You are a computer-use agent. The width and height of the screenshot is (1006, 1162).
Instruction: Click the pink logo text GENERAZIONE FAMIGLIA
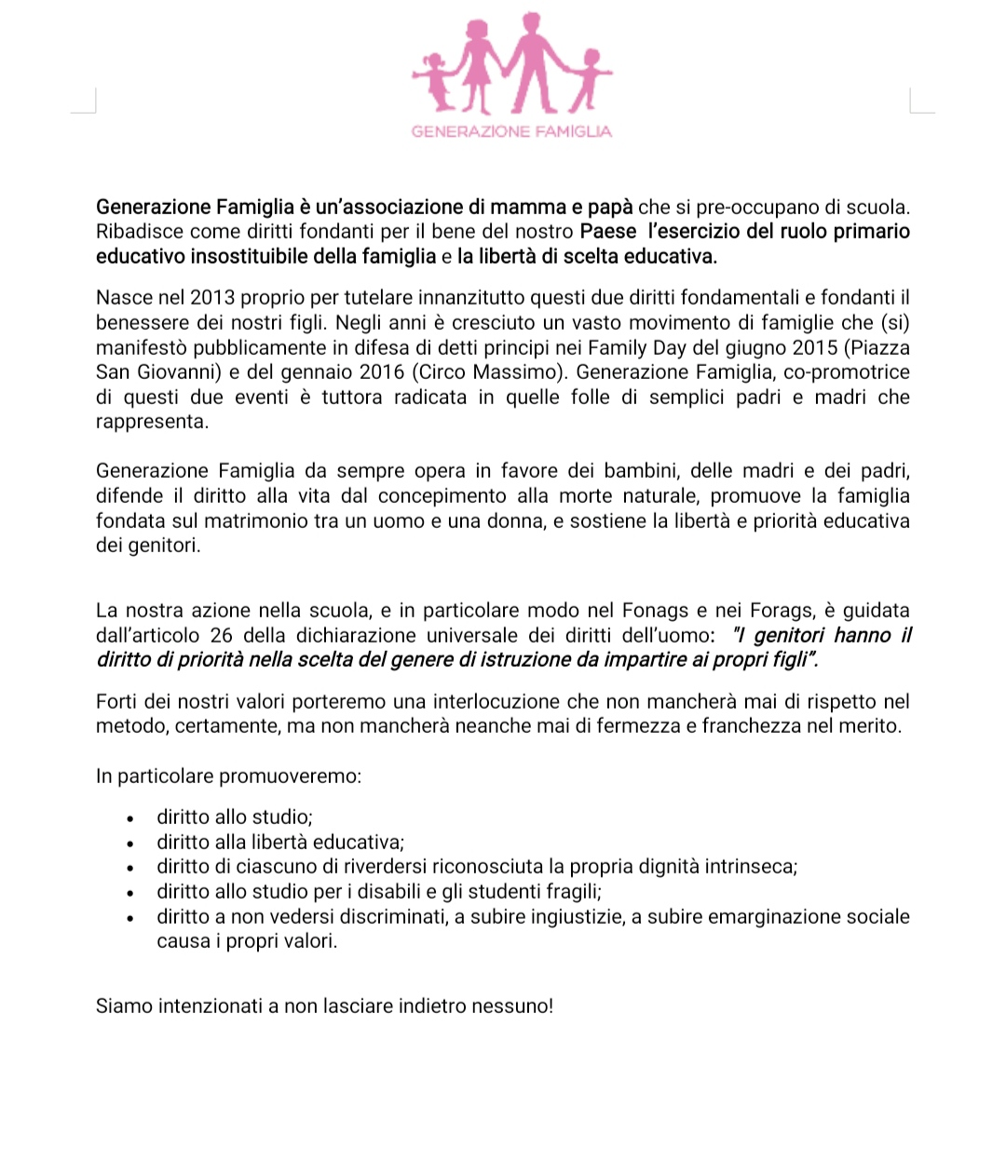pyautogui.click(x=511, y=131)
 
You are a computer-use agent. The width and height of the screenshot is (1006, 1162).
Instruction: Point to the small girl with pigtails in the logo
pyautogui.click(x=433, y=80)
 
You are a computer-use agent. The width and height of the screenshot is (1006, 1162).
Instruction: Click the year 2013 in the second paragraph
pyautogui.click(x=213, y=298)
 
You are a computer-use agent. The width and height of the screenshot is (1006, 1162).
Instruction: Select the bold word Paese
pyautogui.click(x=607, y=231)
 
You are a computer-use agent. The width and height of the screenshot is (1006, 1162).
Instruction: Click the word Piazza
pyautogui.click(x=880, y=347)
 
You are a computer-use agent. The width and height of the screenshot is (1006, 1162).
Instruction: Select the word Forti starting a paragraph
pyautogui.click(x=118, y=702)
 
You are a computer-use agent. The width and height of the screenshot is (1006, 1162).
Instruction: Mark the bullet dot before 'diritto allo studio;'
pyautogui.click(x=131, y=818)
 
